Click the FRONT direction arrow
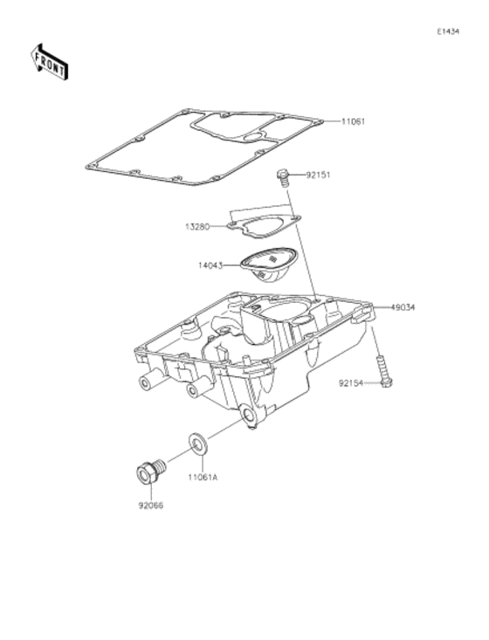pos(49,62)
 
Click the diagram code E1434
pos(448,31)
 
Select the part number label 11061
pos(353,121)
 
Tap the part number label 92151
pos(319,175)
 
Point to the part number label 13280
pos(197,226)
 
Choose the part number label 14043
pos(210,265)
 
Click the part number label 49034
pos(403,307)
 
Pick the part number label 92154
pos(351,383)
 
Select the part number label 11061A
pos(203,477)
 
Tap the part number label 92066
pos(150,506)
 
